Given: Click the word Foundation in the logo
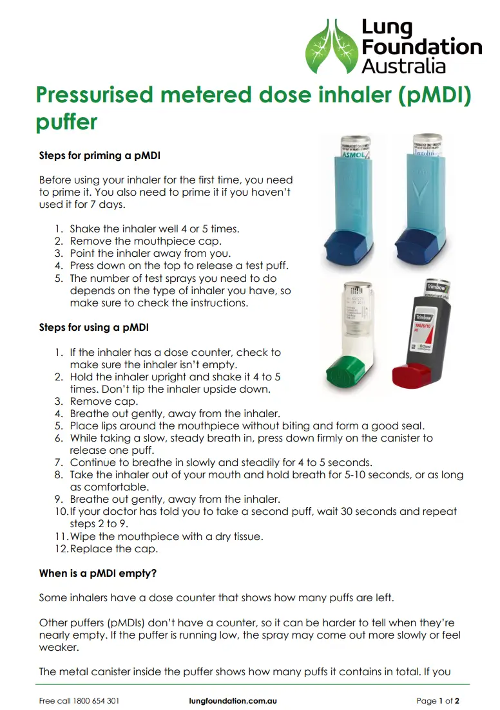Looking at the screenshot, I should point(421,47).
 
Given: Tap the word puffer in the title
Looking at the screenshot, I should point(67,121).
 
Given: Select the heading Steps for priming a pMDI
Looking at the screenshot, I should point(100,156).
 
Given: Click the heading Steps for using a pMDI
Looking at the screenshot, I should point(93,328).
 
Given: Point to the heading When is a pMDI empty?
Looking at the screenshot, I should point(98,573).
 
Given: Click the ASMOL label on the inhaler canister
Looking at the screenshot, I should point(352,156).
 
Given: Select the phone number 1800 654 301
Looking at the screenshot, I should point(95,701).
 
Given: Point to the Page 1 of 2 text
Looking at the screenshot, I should point(438,701).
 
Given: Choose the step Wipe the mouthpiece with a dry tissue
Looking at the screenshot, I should point(166,536).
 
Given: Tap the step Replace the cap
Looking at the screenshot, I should point(114,549).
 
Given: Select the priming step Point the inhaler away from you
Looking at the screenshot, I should point(150,254).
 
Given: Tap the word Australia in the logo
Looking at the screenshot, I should point(403,66).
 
